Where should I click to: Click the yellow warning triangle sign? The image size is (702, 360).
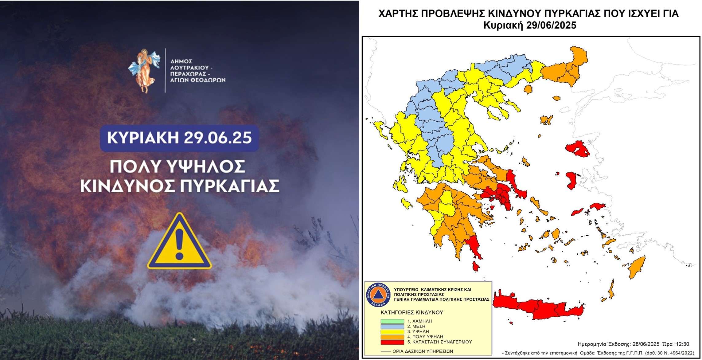pos(179,241)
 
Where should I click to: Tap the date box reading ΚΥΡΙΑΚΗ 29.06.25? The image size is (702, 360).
pos(179,138)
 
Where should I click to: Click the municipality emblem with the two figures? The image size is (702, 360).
pos(144,71)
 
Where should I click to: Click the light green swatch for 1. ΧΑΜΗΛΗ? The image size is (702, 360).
pos(392,321)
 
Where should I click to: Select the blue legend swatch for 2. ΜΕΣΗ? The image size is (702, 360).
pos(392,327)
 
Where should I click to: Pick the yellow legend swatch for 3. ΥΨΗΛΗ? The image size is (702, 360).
pos(392,332)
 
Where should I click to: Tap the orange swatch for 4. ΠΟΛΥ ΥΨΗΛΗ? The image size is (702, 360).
pos(392,337)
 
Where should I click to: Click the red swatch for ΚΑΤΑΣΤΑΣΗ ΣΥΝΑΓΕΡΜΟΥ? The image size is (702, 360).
pos(392,342)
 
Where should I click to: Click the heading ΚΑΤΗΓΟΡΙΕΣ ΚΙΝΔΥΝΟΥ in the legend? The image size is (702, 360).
pos(412,312)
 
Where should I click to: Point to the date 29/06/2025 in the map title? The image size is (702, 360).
pos(551,25)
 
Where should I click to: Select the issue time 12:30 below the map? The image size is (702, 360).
pos(682,344)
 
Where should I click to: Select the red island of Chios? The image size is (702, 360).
pos(571,181)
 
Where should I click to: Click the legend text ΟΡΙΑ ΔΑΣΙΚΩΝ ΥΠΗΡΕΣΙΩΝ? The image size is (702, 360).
pos(423,351)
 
